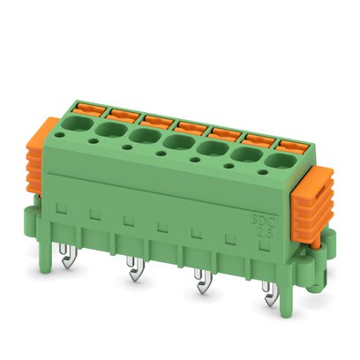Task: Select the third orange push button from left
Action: point(156,120)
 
